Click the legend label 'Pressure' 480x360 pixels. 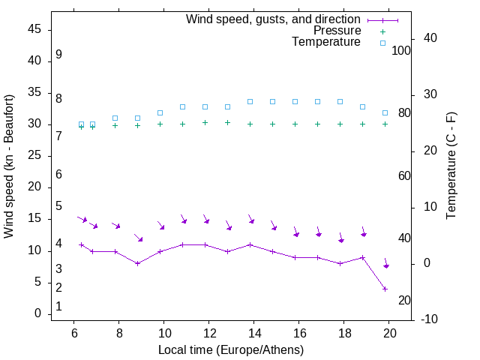click(x=337, y=31)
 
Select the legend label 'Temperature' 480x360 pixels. click(x=326, y=42)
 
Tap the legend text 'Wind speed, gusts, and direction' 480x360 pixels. click(x=273, y=19)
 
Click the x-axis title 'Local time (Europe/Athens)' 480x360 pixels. click(x=231, y=349)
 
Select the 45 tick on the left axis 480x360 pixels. click(x=34, y=30)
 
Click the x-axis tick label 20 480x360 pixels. click(x=389, y=333)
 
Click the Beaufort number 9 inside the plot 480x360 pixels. click(x=58, y=55)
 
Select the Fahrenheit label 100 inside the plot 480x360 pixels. click(x=402, y=50)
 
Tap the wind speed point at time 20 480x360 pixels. click(x=385, y=289)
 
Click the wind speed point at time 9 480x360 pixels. click(x=138, y=263)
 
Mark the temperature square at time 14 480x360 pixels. click(x=250, y=101)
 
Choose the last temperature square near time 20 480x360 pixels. click(x=385, y=112)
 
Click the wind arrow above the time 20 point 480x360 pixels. click(x=385, y=263)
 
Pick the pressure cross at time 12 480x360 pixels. click(x=205, y=122)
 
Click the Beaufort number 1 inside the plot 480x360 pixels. click(x=58, y=306)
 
